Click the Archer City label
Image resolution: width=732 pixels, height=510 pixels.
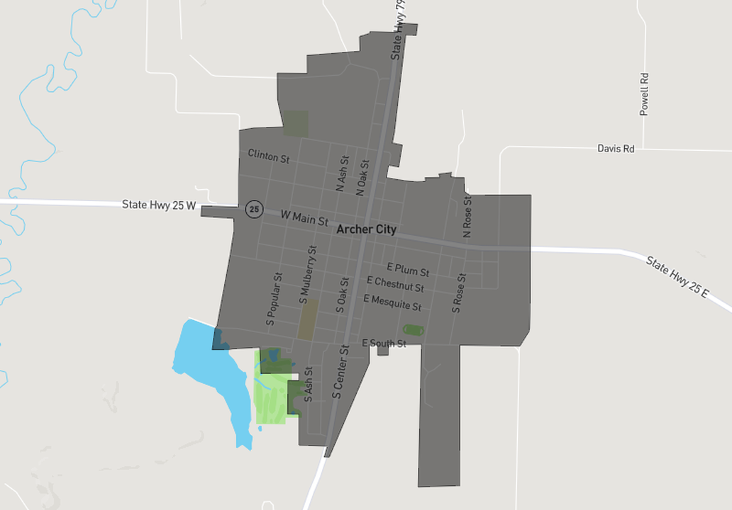(366, 229)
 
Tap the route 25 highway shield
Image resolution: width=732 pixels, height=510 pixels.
(254, 209)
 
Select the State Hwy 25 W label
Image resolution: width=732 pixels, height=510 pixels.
(158, 205)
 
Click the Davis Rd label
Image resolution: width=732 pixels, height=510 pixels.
(615, 149)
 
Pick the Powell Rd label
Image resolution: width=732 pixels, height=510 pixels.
(644, 94)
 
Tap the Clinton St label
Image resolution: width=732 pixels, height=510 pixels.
(268, 156)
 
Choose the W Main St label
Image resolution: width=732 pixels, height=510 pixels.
(304, 217)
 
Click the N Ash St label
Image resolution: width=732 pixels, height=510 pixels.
(342, 174)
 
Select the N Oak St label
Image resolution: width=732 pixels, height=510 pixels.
(363, 178)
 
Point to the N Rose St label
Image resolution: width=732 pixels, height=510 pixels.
(467, 216)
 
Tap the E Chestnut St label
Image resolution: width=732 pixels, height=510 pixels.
(400, 284)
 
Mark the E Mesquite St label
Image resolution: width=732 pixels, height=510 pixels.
(392, 302)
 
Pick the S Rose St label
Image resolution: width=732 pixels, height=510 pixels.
(458, 293)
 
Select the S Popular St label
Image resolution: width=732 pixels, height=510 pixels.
(274, 299)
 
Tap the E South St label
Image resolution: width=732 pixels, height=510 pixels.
(384, 344)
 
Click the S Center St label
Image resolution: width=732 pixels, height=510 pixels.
(341, 371)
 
